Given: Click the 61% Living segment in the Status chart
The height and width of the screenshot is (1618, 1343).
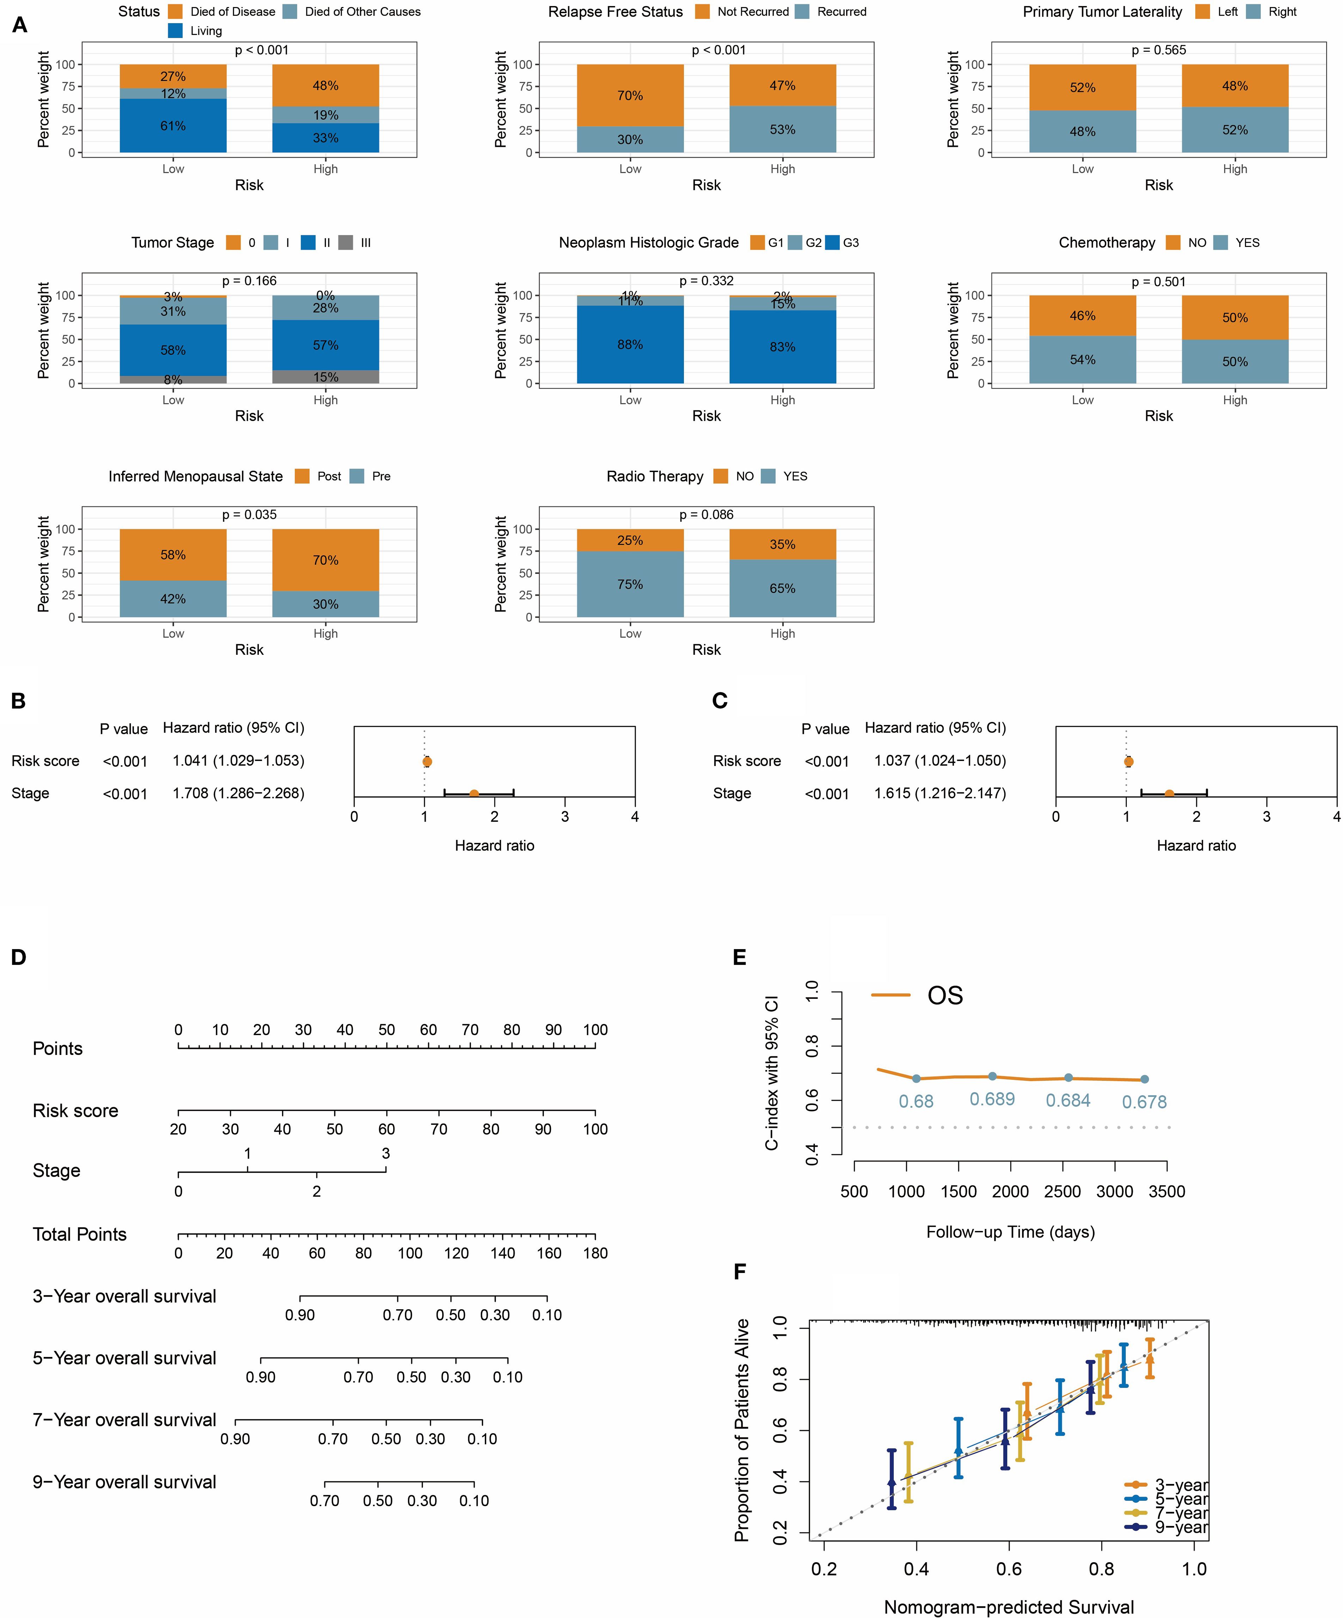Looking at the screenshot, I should pos(172,126).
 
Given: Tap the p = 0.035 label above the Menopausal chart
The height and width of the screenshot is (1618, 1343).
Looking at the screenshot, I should pos(250,515).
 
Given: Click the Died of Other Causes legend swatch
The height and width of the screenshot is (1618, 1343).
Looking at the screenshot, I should pos(290,12).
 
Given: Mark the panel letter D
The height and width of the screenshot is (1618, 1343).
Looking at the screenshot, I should pos(18,957).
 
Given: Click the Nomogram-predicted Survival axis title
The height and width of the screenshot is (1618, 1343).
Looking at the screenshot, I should pos(1009,1606).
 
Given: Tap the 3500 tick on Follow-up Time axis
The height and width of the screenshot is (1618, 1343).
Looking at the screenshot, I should pos(1167,1191).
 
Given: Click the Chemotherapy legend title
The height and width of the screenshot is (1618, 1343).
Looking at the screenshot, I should pos(1106,243).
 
